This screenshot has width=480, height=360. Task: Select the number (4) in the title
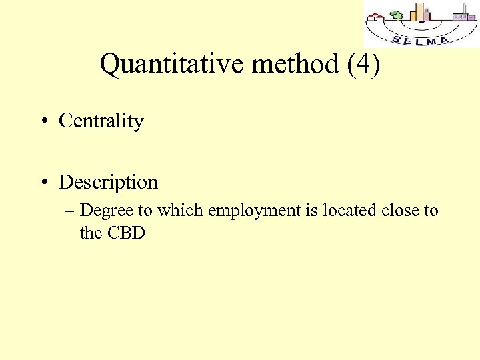click(x=364, y=65)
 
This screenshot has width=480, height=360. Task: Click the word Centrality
click(x=101, y=121)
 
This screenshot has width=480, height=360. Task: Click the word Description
click(x=108, y=182)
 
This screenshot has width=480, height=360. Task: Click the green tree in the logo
click(x=397, y=15)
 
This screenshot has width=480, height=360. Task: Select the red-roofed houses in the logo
click(x=377, y=17)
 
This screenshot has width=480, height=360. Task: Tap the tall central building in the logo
click(x=419, y=11)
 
